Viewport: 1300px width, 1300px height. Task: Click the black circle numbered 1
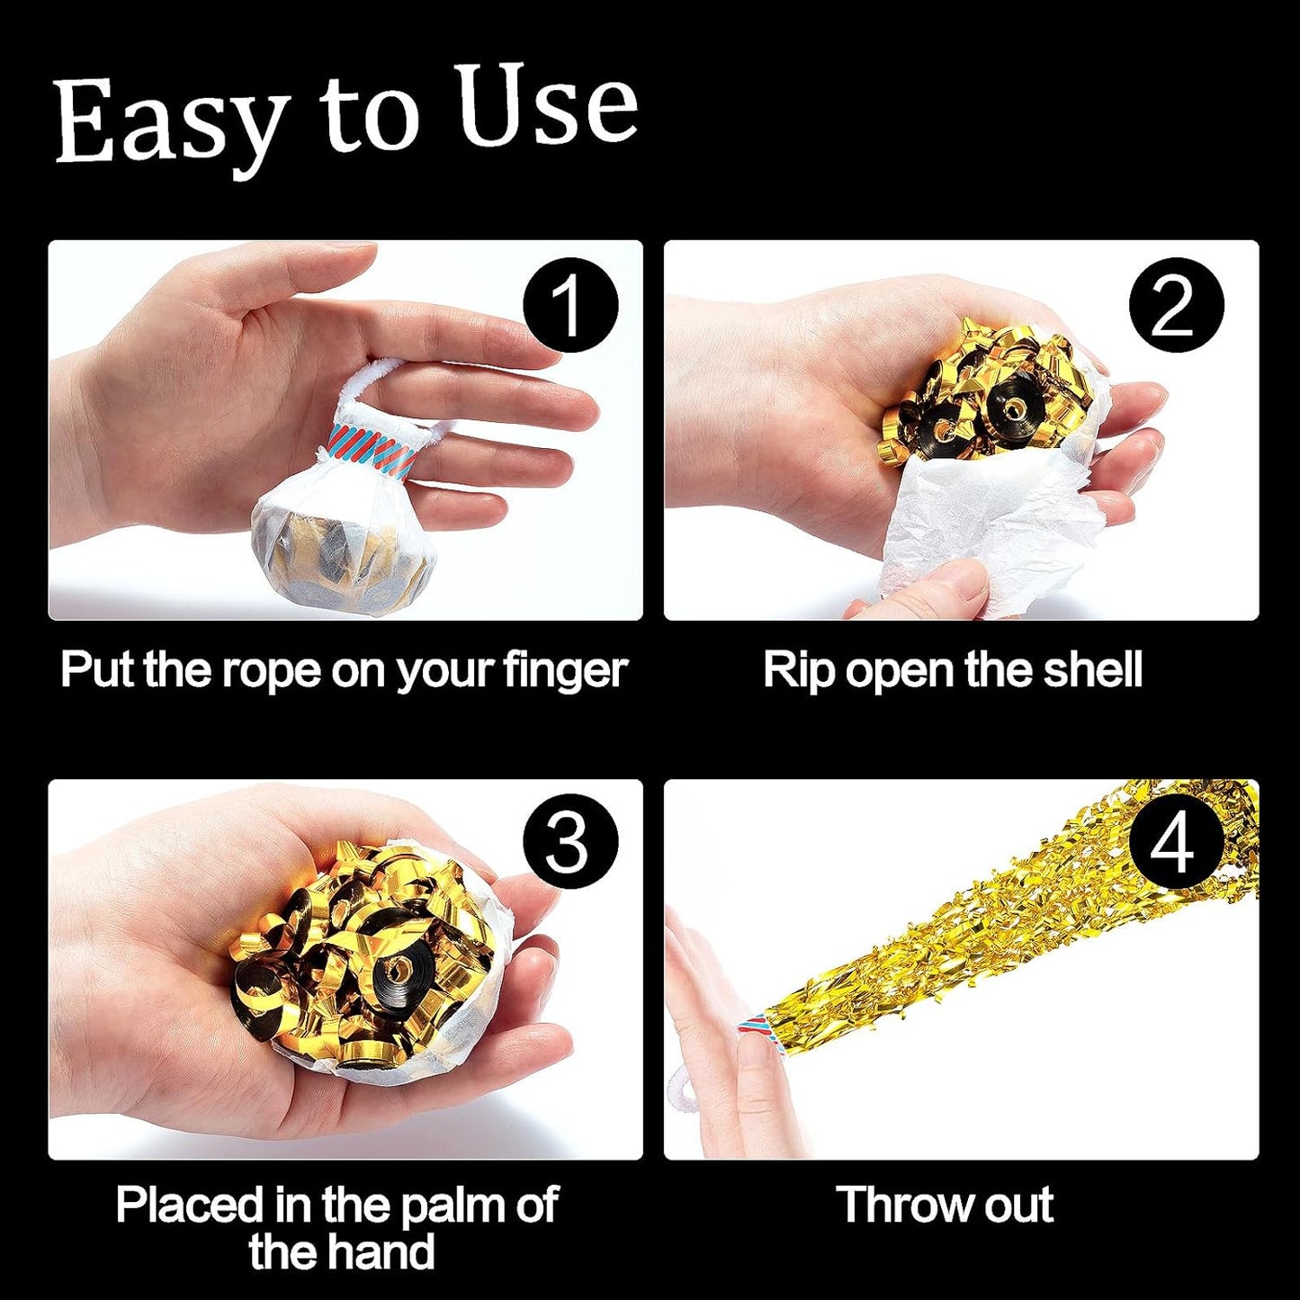tap(570, 305)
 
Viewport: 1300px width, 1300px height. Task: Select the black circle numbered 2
tap(1176, 305)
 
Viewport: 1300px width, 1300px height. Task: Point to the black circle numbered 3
tap(570, 843)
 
